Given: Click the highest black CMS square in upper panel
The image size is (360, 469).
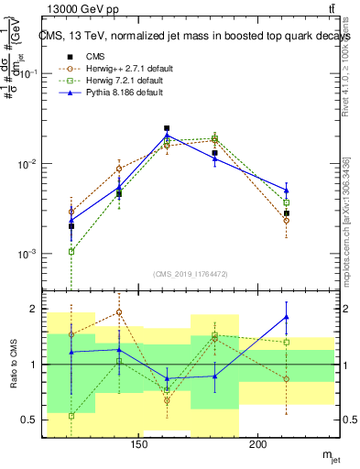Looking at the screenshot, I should pos(167,129).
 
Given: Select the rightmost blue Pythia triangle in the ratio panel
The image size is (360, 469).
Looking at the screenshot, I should pos(287,317).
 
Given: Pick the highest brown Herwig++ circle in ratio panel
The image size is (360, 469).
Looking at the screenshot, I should pos(119,312).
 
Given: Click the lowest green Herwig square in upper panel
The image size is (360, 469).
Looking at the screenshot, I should pos(71,251).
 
